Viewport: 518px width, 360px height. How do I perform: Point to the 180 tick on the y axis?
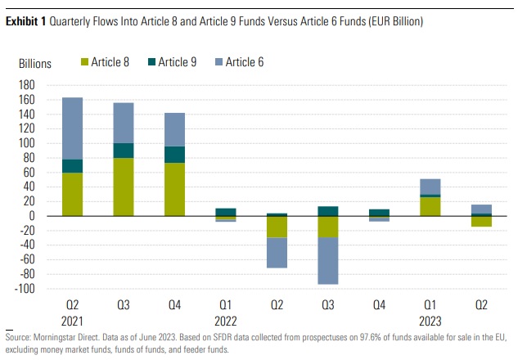[43, 84]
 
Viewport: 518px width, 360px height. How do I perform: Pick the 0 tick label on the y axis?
[50, 216]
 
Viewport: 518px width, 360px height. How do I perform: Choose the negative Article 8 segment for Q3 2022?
[328, 227]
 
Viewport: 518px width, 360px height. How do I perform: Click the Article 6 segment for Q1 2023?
[430, 187]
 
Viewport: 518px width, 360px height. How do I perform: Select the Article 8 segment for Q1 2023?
[430, 206]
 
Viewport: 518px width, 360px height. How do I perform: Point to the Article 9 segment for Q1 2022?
[226, 212]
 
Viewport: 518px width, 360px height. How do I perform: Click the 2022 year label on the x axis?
[227, 320]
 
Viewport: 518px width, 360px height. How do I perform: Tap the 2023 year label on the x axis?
[431, 320]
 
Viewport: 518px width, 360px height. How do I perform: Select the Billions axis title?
[35, 63]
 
